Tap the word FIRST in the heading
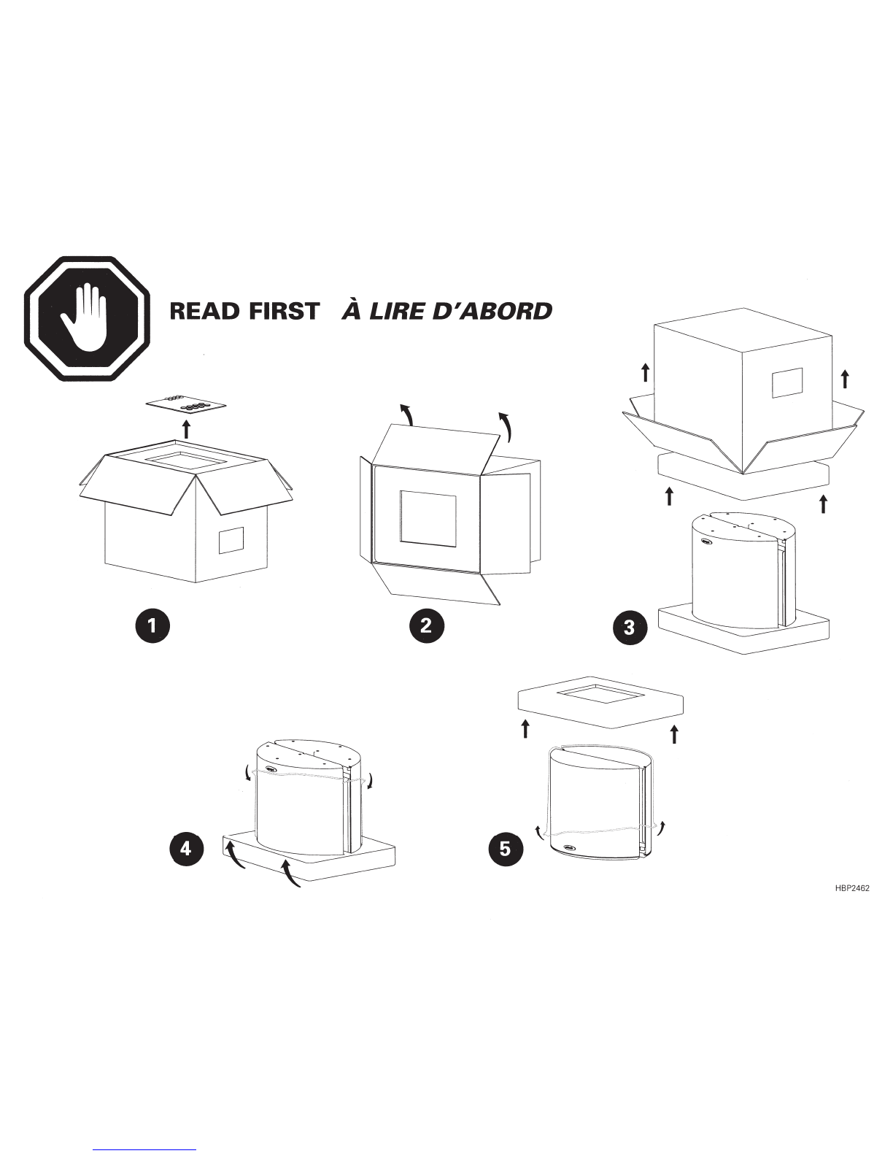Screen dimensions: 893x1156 283,311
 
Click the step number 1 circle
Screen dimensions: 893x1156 152,625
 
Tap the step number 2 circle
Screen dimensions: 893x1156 426,625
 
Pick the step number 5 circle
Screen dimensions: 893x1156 506,849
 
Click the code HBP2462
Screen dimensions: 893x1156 851,888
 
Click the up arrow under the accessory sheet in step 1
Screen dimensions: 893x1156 186,429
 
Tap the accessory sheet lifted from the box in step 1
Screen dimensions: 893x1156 186,405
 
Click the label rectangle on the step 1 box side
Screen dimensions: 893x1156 231,540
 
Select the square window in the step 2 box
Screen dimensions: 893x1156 428,517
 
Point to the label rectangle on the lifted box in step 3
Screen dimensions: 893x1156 787,382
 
